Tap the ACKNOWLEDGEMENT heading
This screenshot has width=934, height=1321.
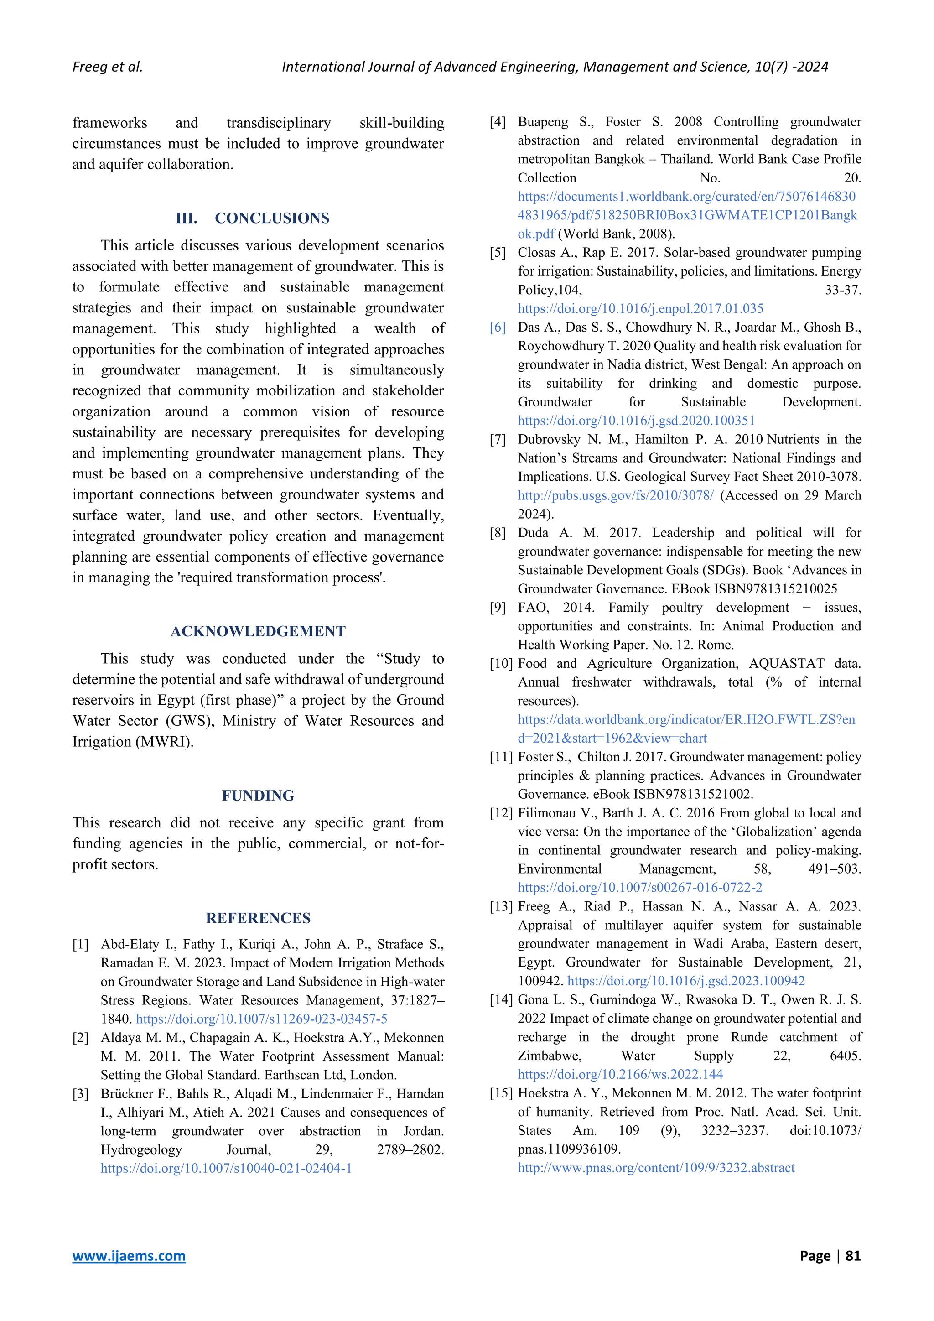[x=258, y=631]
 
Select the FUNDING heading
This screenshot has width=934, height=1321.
[x=258, y=795]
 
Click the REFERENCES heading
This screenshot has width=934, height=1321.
[x=258, y=918]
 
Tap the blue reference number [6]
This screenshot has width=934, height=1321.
[x=498, y=328]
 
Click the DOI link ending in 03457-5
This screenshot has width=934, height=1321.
[x=262, y=1019]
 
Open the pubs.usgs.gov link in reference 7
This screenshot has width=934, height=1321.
[x=615, y=495]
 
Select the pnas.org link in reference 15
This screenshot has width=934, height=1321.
[x=656, y=1167]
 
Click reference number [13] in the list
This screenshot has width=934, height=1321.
[x=500, y=907]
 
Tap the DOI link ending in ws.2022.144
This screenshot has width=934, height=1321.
[x=620, y=1074]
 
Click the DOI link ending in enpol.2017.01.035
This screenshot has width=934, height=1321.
[x=641, y=308]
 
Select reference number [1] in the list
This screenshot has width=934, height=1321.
[x=81, y=944]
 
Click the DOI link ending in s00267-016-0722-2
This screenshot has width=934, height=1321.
[x=640, y=888]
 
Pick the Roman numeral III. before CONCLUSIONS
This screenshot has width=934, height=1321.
[x=187, y=218]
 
